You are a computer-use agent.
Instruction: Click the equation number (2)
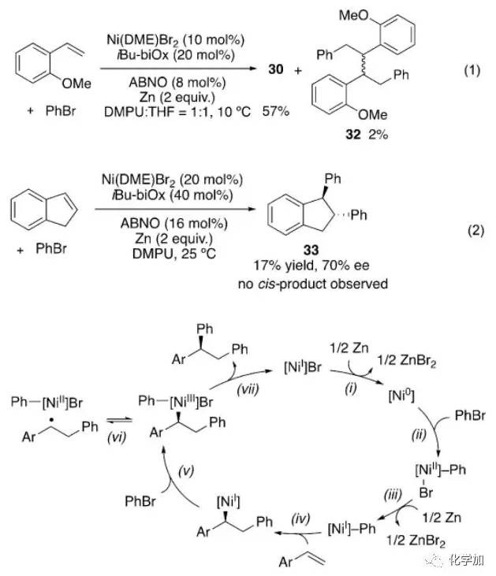471,232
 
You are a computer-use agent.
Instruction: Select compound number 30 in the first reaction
276,70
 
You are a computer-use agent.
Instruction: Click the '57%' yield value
274,113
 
